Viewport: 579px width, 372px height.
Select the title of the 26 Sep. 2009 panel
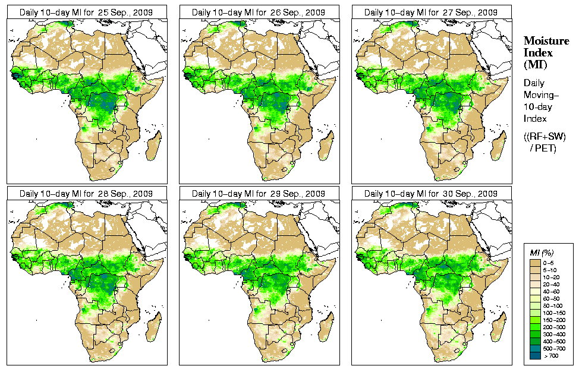click(x=259, y=12)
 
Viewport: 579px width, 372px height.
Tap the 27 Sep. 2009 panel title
click(x=432, y=12)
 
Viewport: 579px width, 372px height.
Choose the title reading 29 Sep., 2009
click(x=259, y=194)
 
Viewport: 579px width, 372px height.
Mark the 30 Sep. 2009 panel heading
click(x=432, y=194)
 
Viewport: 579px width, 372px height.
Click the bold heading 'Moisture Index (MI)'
click(x=540, y=52)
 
